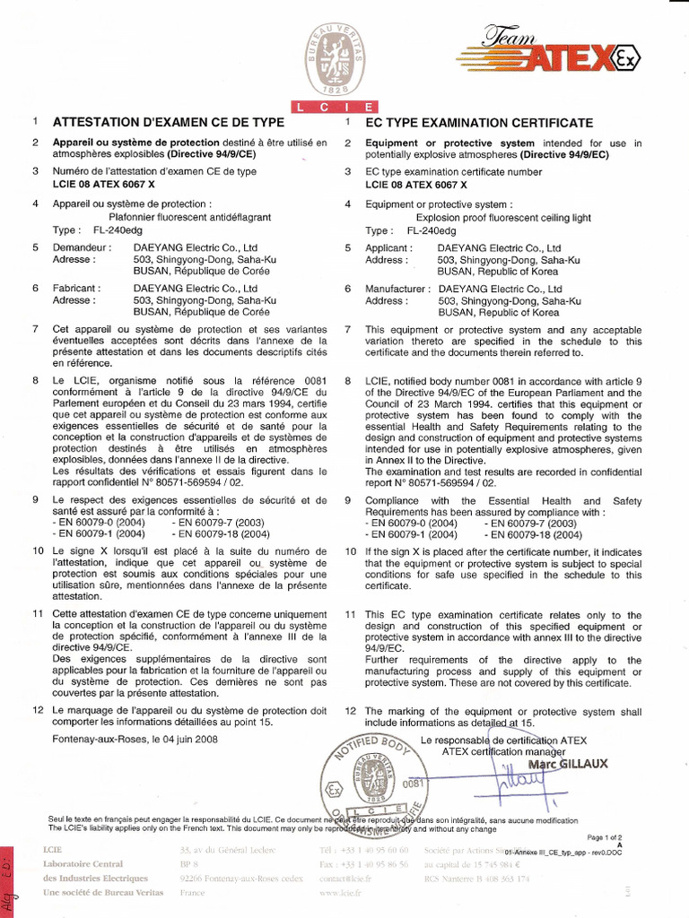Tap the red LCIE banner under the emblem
344,108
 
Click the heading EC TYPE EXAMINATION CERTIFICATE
479,122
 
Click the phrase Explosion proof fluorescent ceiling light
503,216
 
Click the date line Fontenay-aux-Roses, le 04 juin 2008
135,740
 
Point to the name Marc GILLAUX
568,764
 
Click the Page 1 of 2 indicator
616,836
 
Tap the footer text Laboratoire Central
83,864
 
